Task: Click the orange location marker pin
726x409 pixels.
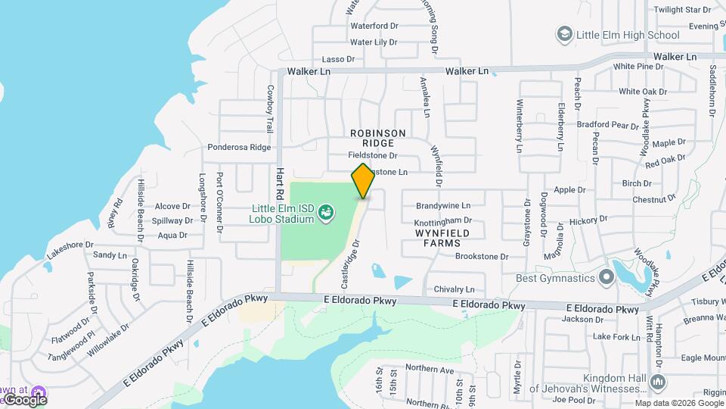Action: coord(363,180)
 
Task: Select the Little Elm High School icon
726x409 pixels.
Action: coord(564,34)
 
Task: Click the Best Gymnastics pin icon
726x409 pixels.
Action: coord(606,278)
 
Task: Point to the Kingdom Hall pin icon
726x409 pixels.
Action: coord(657,382)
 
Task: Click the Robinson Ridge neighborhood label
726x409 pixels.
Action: coord(378,138)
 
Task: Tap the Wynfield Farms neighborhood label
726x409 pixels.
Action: coord(442,239)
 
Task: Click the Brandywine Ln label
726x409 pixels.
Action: coord(443,205)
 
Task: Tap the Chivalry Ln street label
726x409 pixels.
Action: coord(454,289)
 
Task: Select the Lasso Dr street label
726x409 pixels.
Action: coord(338,58)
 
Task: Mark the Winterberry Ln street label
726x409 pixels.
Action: coord(520,126)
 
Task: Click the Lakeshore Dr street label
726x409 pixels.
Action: coord(70,245)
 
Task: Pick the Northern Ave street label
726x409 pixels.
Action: coord(429,370)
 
